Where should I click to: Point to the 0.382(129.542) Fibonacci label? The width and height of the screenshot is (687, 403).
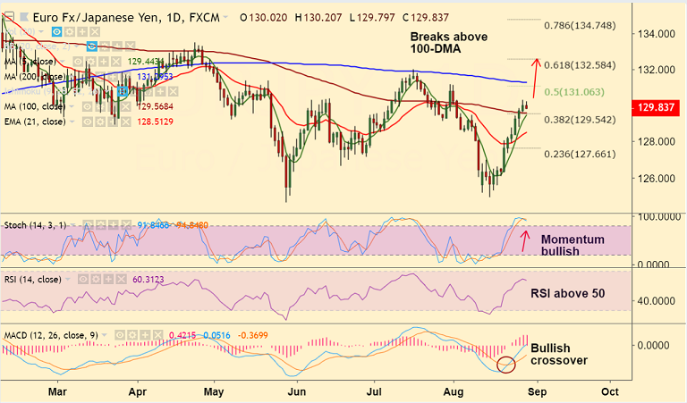[x=581, y=119]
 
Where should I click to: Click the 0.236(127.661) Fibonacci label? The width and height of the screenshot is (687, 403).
[x=581, y=153]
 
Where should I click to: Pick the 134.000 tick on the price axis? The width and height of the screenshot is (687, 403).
[x=655, y=34]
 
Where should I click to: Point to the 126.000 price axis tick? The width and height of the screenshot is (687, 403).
[x=655, y=178]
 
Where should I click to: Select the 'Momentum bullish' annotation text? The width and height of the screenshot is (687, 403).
[x=572, y=246]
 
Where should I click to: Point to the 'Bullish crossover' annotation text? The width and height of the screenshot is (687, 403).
[x=560, y=355]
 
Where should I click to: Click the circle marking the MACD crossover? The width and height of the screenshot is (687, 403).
[x=506, y=365]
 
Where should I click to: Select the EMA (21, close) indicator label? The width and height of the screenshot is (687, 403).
[x=37, y=122]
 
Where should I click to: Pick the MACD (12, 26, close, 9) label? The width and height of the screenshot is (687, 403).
[x=50, y=336]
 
